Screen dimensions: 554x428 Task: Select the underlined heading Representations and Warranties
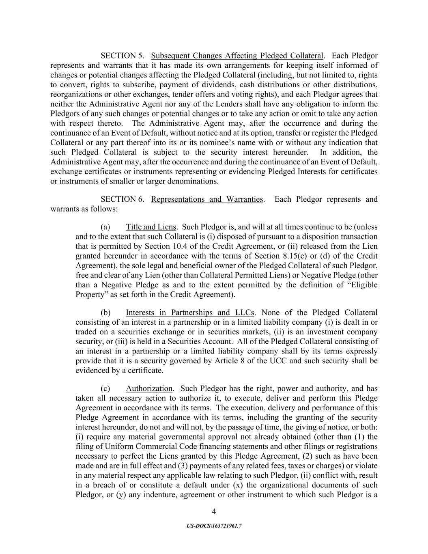click(x=207, y=199)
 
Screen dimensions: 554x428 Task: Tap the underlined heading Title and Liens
click(x=151, y=227)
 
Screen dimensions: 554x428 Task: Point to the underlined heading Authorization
click(x=149, y=388)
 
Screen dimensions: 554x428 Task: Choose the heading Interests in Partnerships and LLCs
click(x=190, y=313)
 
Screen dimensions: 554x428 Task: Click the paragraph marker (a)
click(x=105, y=227)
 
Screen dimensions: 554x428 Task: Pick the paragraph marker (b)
click(x=105, y=313)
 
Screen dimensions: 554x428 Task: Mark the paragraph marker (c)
click(x=105, y=388)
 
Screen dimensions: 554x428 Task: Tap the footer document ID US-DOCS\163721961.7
click(x=214, y=526)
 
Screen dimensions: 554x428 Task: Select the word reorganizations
click(x=73, y=94)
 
